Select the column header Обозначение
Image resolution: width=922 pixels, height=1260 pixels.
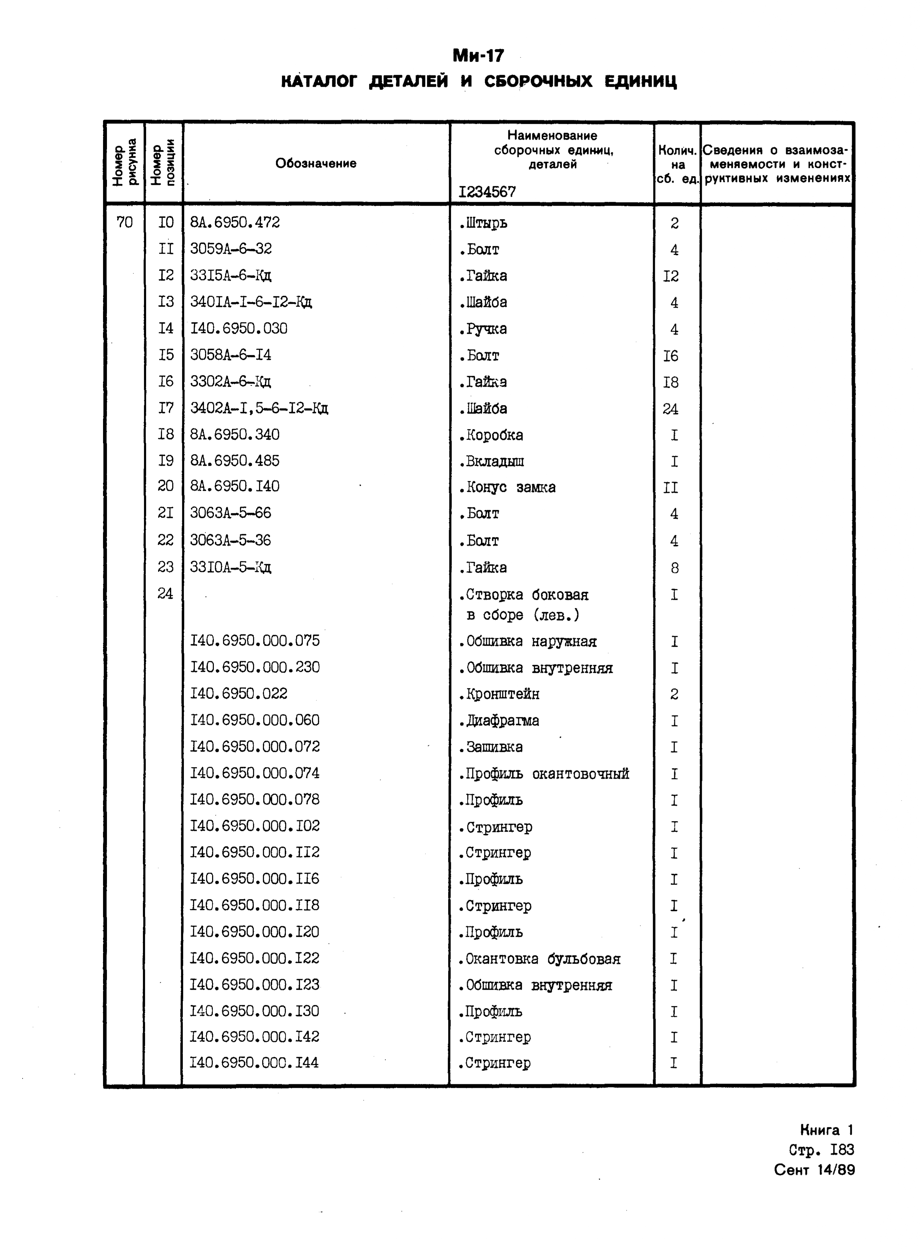[315, 163]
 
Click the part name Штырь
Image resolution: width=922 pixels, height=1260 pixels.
[484, 223]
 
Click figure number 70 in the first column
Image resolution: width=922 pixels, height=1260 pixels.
[125, 223]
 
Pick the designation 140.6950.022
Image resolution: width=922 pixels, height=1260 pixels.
[239, 694]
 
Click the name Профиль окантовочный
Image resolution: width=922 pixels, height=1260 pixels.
[544, 774]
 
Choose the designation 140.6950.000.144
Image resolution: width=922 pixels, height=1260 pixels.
[254, 1063]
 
